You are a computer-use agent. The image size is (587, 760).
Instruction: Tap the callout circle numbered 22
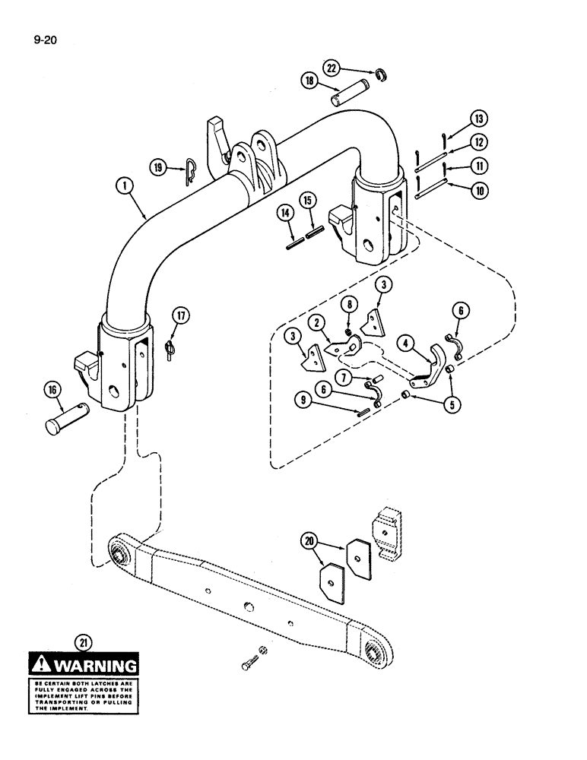329,68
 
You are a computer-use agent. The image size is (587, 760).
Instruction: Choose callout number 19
158,168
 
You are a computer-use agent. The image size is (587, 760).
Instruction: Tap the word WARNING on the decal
92,668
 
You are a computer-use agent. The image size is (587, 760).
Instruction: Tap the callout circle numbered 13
479,119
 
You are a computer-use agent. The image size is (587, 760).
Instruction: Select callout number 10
479,191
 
